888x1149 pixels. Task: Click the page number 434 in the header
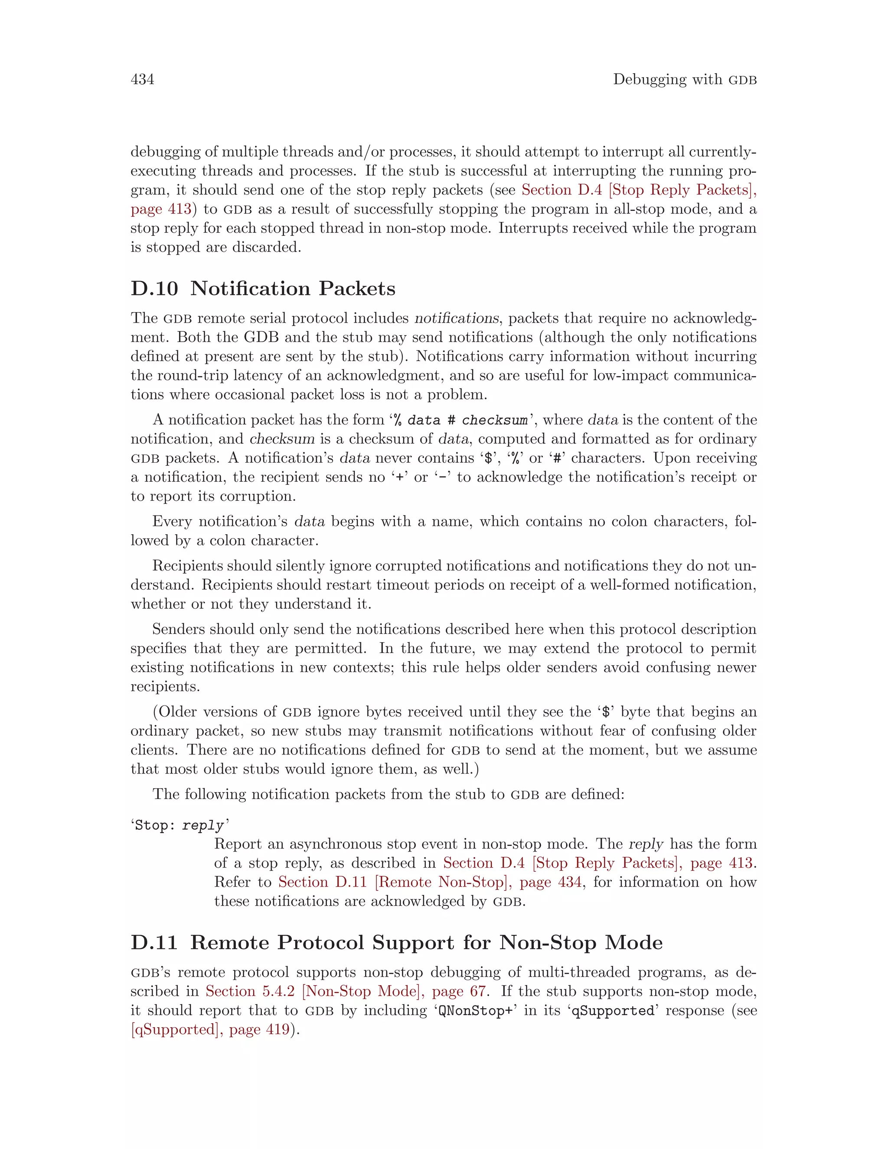click(x=142, y=79)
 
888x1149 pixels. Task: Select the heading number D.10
click(x=154, y=288)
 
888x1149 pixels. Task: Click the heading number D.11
click(x=154, y=942)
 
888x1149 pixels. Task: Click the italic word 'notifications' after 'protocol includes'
click(x=456, y=318)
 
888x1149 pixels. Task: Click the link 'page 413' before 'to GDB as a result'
click(x=161, y=209)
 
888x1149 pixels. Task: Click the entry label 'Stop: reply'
click(x=180, y=825)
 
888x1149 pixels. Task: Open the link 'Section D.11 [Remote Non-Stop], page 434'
click(x=430, y=882)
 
